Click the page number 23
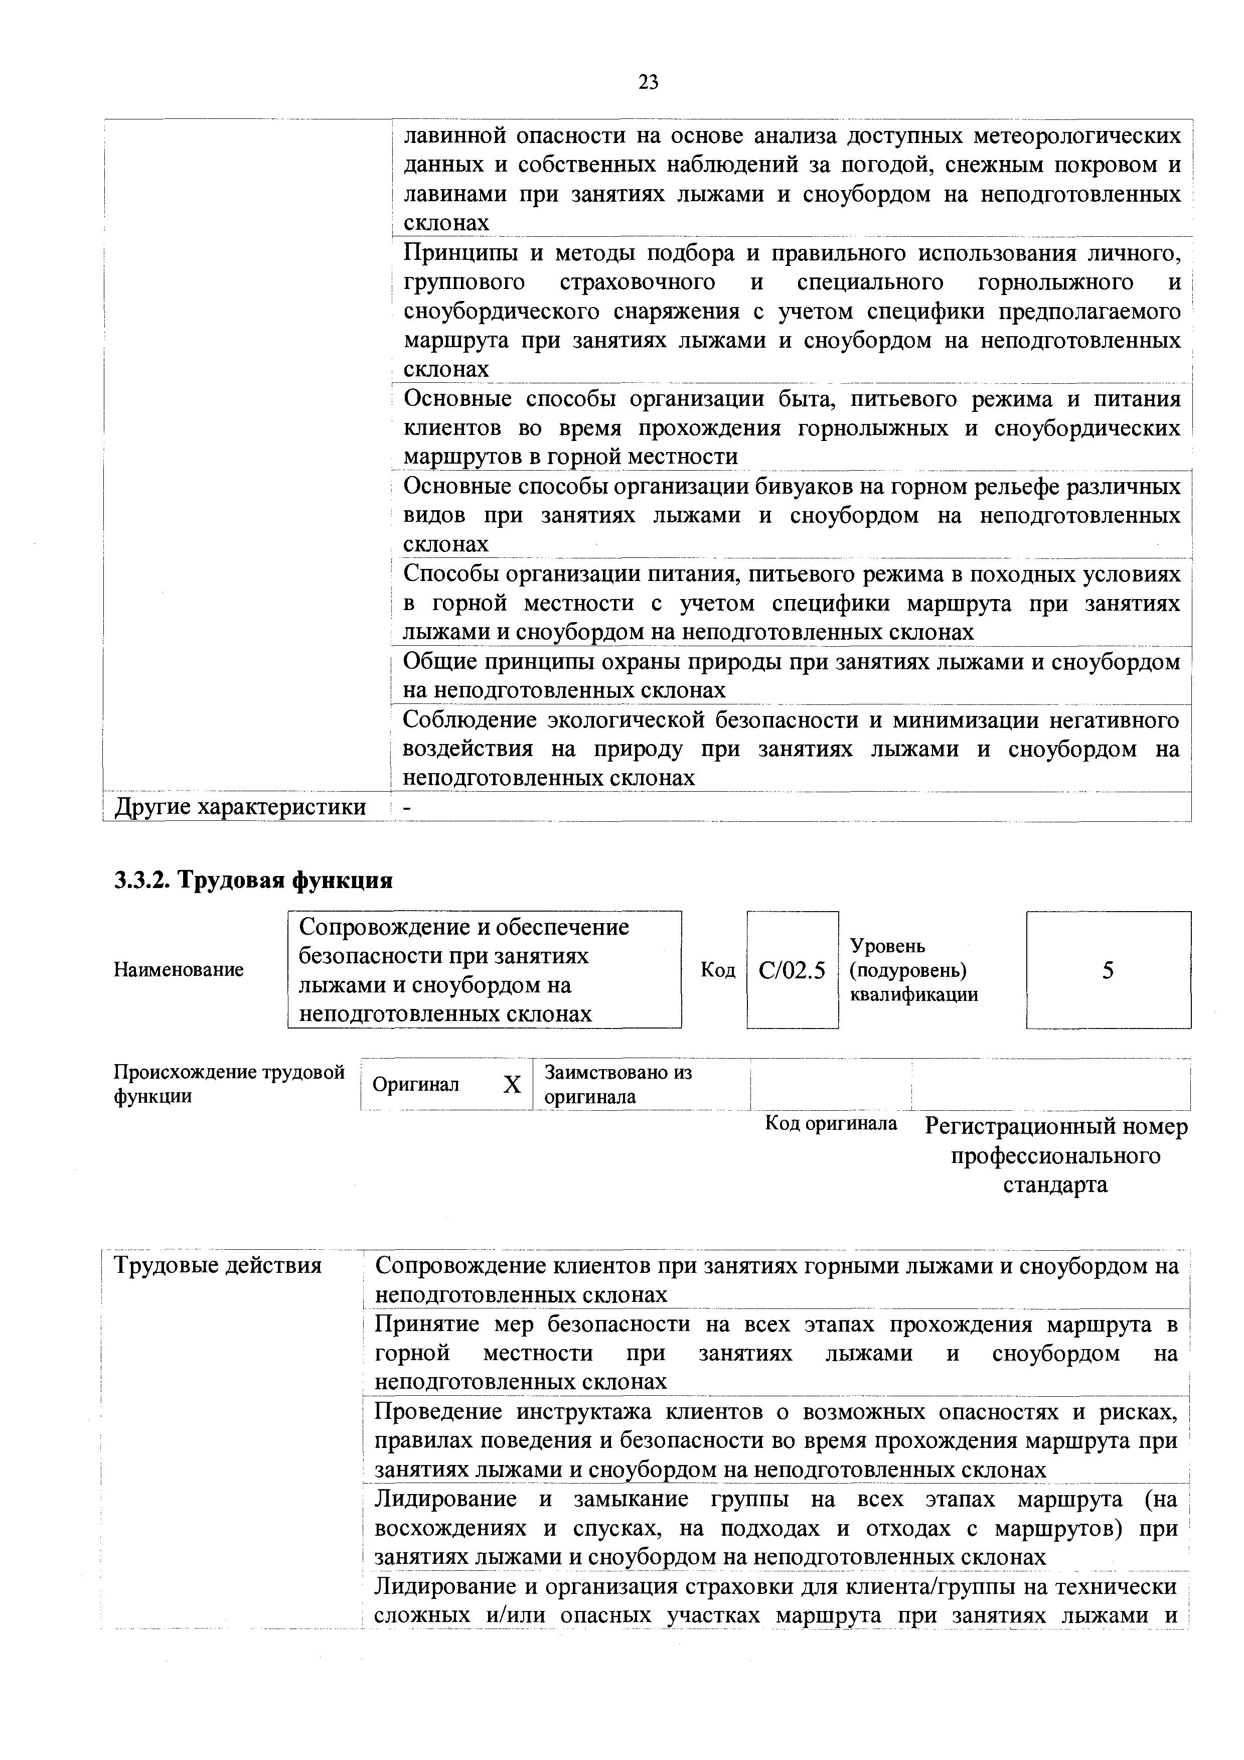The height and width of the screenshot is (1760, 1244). coord(648,82)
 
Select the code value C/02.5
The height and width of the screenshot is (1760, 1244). coord(792,971)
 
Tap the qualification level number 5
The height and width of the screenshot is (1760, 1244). coord(1108,971)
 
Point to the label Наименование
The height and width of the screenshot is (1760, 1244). coord(179,970)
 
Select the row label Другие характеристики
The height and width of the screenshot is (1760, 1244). coord(240,807)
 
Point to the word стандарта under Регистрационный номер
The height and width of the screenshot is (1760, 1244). coord(1055,1185)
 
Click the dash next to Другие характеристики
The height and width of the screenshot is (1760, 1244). coord(407,808)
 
